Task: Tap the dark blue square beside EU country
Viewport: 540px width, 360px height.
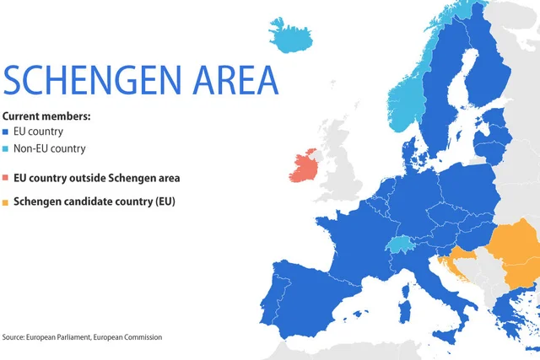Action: point(6,132)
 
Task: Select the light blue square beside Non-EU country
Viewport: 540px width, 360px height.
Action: point(6,149)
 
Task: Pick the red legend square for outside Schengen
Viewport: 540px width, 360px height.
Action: point(6,179)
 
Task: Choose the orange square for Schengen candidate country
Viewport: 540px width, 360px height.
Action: point(6,202)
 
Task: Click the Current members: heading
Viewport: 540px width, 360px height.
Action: point(47,116)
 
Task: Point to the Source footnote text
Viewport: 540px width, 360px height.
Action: point(82,337)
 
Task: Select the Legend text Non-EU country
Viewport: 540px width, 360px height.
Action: point(50,149)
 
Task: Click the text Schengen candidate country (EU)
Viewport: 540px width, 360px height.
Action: point(94,202)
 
